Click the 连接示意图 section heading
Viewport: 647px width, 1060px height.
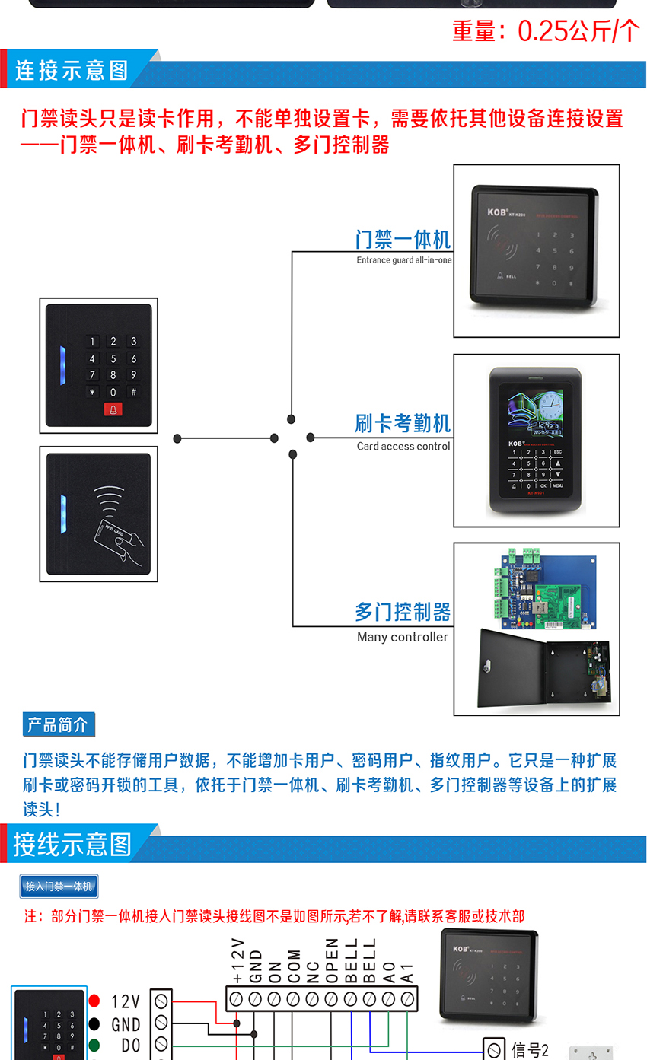click(x=72, y=71)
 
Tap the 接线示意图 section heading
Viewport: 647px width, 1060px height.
click(x=72, y=844)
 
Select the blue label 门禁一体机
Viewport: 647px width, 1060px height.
click(x=403, y=240)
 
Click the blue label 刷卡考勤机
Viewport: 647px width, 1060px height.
click(x=403, y=423)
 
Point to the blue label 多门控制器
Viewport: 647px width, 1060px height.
click(x=403, y=612)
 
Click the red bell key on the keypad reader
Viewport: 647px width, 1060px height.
click(x=113, y=410)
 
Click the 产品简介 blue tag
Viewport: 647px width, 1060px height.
click(x=59, y=724)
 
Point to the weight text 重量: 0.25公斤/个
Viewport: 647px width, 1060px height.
click(x=546, y=30)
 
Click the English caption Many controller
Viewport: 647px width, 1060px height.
click(x=402, y=637)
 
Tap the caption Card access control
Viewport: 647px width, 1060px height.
click(x=403, y=446)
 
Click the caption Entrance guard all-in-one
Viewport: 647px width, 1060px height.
click(x=403, y=260)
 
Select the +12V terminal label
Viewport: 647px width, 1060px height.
click(x=237, y=962)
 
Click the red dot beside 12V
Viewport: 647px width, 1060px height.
click(x=94, y=1001)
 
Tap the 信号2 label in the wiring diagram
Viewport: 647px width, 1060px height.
click(x=530, y=1051)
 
